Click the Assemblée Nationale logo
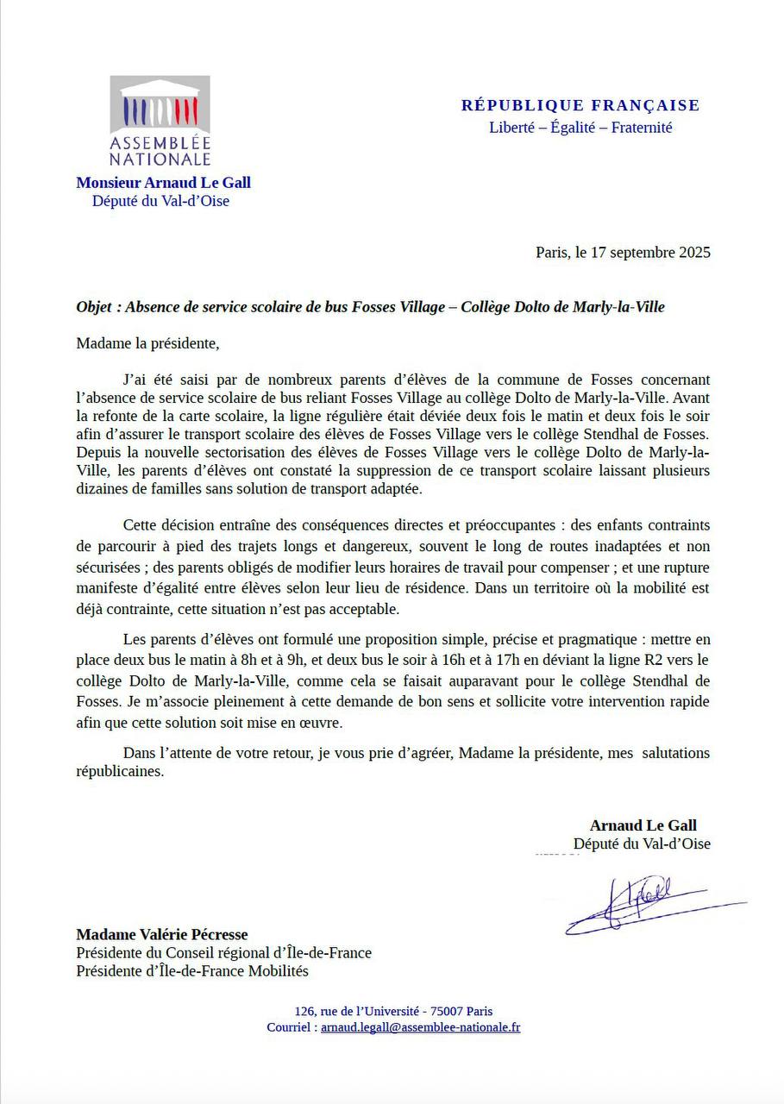(160, 122)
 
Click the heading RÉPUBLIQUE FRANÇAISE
(580, 106)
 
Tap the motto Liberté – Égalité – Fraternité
(580, 128)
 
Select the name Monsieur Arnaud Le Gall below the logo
(163, 183)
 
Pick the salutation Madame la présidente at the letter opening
(147, 343)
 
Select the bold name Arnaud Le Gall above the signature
(643, 825)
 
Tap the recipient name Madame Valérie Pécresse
(161, 934)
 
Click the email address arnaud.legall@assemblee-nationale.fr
(420, 1027)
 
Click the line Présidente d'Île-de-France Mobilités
(191, 971)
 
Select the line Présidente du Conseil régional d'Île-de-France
(223, 953)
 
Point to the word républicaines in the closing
(119, 772)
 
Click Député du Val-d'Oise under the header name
(160, 202)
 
